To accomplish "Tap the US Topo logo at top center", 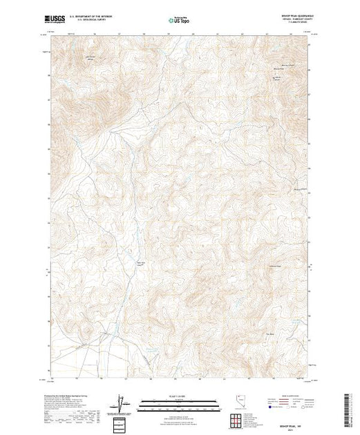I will pyautogui.click(x=179, y=20).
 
